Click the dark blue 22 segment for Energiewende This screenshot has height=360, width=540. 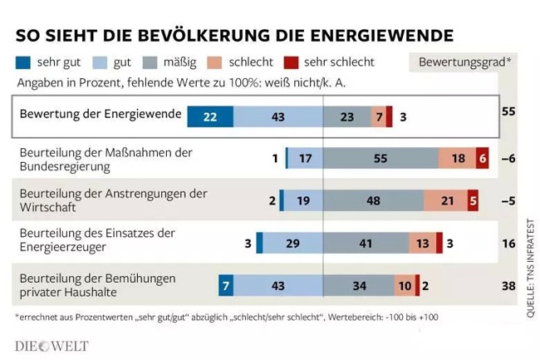coord(209,117)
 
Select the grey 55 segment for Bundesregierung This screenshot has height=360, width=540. coord(380,158)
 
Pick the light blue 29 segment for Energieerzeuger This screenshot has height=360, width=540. coord(292,243)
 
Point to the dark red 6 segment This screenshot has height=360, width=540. coord(482,158)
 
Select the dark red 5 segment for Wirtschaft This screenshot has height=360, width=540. coord(473,200)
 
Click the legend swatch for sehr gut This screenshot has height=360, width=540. coord(23,62)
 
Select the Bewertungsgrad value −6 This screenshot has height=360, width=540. coord(510,158)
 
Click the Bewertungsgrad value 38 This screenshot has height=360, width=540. coord(509,285)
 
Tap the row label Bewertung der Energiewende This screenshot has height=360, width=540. coord(100,114)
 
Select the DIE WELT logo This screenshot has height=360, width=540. coord(52,345)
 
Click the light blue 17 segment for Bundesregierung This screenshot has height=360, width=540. coord(305,158)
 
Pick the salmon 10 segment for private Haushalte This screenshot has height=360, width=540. coord(404,285)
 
